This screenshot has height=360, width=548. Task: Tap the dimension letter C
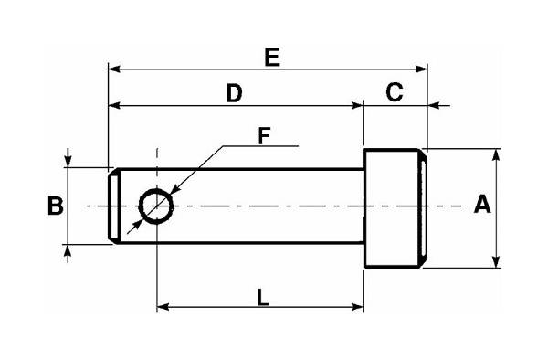pyautogui.click(x=395, y=91)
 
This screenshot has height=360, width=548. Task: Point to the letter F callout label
pyautogui.click(x=263, y=136)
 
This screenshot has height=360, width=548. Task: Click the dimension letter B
pyautogui.click(x=55, y=206)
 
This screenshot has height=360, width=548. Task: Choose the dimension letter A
pyautogui.click(x=483, y=206)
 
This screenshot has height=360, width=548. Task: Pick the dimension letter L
pyautogui.click(x=262, y=297)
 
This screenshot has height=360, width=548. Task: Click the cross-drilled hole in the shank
pyautogui.click(x=157, y=204)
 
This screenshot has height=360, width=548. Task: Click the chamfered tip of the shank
pyautogui.click(x=112, y=205)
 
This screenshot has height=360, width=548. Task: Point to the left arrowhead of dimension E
pyautogui.click(x=113, y=67)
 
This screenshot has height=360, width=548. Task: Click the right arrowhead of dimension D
pyautogui.click(x=358, y=105)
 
